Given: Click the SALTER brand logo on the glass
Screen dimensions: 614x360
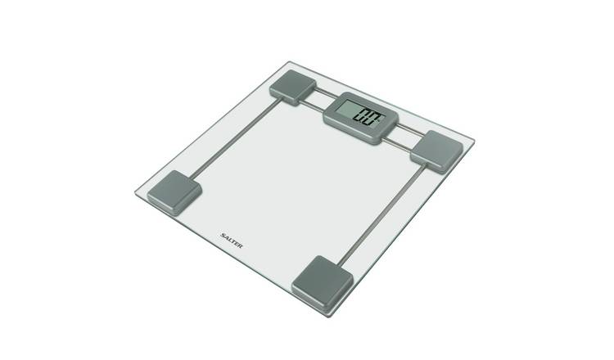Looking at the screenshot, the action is tap(232, 241).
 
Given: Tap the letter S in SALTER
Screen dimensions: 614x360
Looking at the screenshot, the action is tap(223, 235).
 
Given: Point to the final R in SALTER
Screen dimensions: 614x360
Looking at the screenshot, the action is tap(240, 245).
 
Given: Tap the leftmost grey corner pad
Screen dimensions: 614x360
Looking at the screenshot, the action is tap(174, 192).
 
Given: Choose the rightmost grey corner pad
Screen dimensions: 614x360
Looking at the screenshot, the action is tap(436, 152).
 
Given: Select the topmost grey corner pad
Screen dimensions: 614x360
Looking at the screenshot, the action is tap(292, 88).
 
